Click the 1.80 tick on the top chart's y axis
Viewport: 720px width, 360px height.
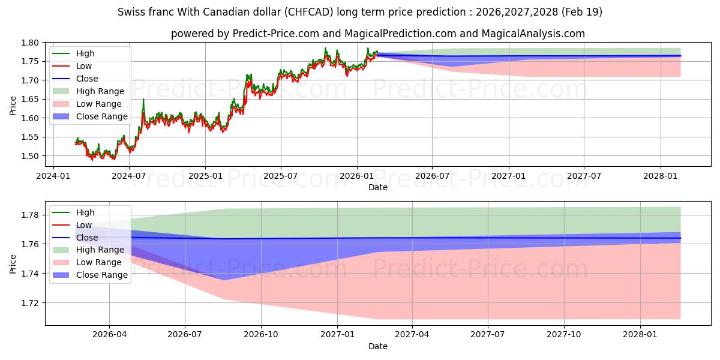[29, 43]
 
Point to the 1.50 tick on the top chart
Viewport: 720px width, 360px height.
[29, 156]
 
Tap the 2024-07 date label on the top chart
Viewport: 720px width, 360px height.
[129, 176]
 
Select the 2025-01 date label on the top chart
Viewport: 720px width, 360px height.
[205, 176]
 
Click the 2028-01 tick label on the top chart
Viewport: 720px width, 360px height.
[661, 176]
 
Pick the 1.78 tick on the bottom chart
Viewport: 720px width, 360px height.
[29, 215]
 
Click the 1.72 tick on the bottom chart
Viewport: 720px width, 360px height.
[29, 303]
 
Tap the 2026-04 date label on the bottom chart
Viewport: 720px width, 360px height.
[109, 335]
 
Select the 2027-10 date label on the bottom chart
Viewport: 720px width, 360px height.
[564, 335]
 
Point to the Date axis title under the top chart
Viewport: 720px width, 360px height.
[378, 187]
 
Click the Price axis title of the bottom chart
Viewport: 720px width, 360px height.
[13, 264]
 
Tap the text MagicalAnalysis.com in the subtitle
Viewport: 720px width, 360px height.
[533, 34]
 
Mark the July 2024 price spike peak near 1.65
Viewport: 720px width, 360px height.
[143, 99]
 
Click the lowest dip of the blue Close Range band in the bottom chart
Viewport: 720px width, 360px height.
[224, 280]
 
